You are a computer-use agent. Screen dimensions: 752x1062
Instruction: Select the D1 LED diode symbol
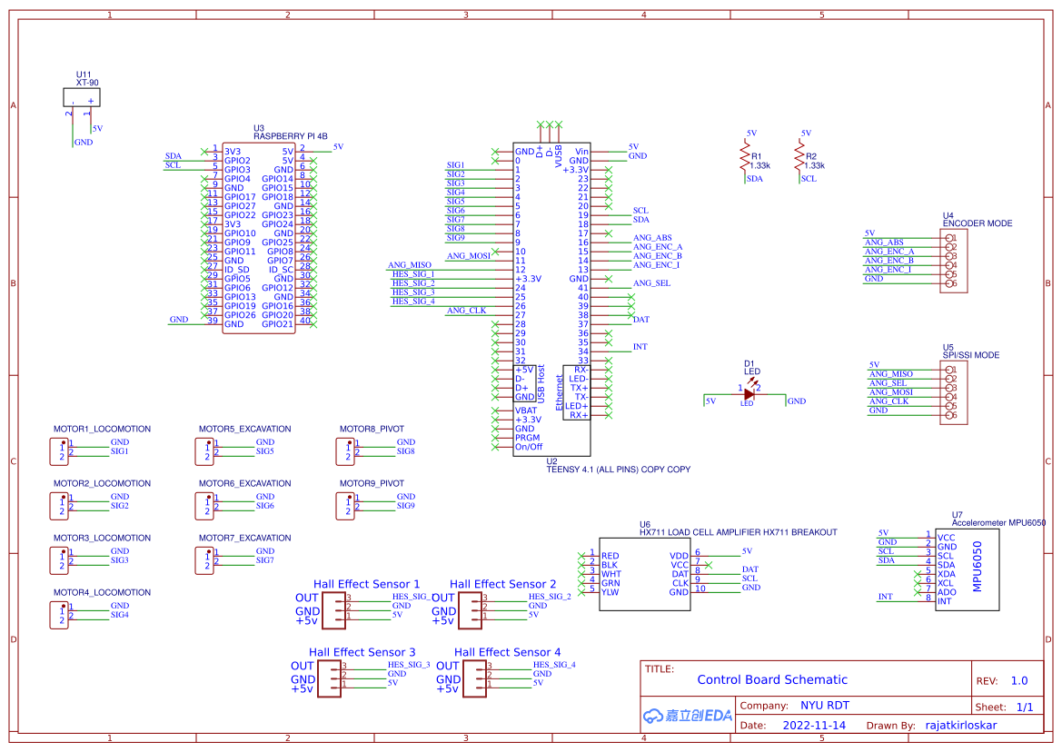749,393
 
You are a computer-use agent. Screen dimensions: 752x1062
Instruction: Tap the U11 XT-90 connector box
81,97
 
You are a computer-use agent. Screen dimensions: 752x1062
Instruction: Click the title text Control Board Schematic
771,679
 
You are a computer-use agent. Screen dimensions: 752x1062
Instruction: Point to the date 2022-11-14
814,725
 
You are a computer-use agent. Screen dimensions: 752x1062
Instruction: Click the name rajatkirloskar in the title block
960,725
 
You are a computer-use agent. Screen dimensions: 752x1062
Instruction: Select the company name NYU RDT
824,706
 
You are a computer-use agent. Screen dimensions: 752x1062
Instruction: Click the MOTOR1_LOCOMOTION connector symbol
59,450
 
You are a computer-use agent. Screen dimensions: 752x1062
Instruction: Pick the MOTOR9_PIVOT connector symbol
345,505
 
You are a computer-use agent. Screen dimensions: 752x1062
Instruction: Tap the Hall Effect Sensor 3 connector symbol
332,679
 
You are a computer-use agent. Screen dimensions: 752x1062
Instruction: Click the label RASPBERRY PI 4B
290,136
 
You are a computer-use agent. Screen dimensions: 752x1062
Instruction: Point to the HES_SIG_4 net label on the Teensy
412,302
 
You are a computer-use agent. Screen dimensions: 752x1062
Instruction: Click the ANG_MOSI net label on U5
890,392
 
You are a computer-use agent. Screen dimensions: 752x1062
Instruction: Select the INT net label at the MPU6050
885,597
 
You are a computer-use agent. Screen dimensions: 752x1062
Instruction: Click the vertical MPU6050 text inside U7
978,567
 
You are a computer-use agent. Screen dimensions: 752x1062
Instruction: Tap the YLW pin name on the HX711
610,592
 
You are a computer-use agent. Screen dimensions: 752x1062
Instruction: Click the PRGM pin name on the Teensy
526,438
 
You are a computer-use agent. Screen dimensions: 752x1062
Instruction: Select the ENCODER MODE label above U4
977,223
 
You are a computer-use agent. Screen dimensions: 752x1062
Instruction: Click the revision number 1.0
1018,680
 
